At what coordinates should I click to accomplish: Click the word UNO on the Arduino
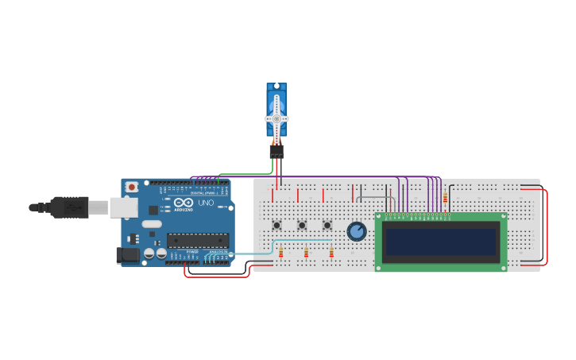[x=205, y=204]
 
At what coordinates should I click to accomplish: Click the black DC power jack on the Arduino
[x=126, y=254]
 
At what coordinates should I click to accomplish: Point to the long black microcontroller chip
[x=197, y=240]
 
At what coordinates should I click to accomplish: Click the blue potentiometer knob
[x=357, y=231]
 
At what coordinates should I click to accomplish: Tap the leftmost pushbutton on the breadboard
[x=276, y=226]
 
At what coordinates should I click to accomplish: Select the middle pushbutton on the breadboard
[x=302, y=226]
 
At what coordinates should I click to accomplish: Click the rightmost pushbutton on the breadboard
[x=327, y=226]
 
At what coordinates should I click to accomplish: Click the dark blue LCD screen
[x=441, y=242]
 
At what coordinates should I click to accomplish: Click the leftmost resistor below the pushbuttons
[x=280, y=253]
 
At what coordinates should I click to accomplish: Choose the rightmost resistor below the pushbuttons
[x=331, y=253]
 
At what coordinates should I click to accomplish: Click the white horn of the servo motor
[x=276, y=117]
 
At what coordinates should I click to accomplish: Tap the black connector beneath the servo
[x=276, y=150]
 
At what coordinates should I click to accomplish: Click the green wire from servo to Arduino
[x=246, y=173]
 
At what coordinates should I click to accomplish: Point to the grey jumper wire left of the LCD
[x=373, y=196]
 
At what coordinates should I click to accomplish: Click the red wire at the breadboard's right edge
[x=547, y=226]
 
